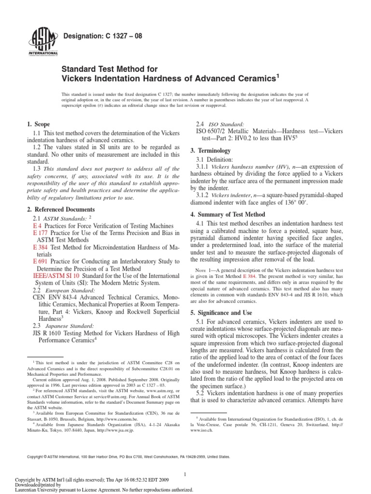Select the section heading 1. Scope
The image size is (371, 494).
tap(38, 124)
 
